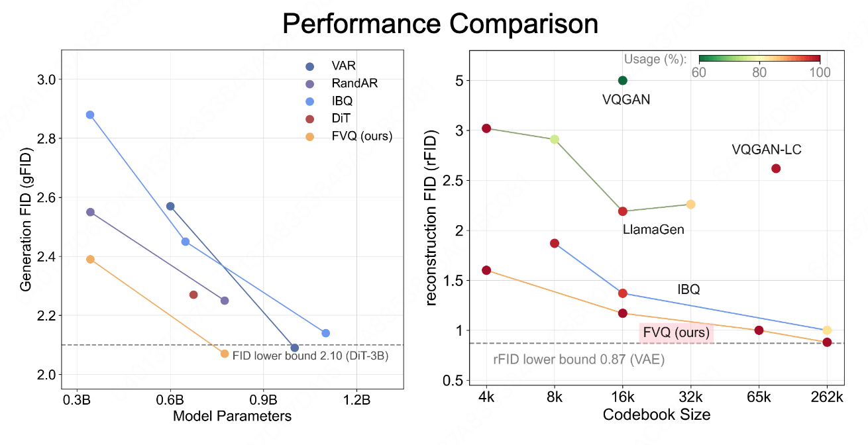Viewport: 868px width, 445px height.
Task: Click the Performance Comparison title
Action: (440, 24)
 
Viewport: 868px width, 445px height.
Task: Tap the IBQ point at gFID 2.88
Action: (90, 115)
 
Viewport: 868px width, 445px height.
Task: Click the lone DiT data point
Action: (193, 295)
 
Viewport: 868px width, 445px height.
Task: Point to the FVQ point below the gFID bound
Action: (225, 354)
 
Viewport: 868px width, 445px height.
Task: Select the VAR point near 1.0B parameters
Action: (295, 348)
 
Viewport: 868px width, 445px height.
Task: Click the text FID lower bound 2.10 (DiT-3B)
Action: (310, 356)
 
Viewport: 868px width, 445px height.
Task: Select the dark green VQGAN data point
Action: (622, 80)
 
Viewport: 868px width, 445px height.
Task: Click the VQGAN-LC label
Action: (767, 150)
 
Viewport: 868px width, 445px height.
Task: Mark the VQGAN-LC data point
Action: (776, 168)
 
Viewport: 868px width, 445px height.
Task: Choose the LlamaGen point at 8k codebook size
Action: (555, 139)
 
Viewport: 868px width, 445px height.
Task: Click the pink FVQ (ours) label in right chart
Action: (675, 332)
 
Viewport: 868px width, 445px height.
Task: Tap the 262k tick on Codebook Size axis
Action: (827, 399)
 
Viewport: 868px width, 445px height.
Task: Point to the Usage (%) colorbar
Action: (759, 58)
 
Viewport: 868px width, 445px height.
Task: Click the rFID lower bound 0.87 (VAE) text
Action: (578, 360)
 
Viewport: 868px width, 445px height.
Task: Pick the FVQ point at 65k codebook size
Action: (759, 330)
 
